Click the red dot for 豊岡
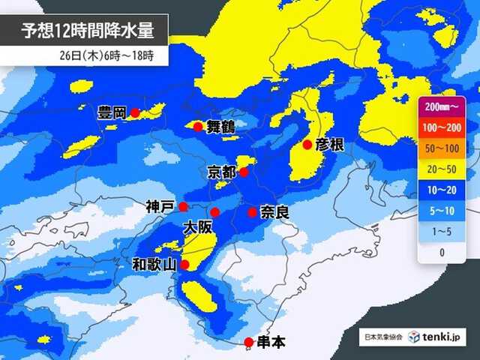pyautogui.click(x=135, y=113)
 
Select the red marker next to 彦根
pyautogui.click(x=307, y=144)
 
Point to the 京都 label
pyautogui.click(x=222, y=172)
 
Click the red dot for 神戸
pyautogui.click(x=183, y=205)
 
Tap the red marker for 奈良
pyautogui.click(x=253, y=213)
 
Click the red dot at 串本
pyautogui.click(x=249, y=342)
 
